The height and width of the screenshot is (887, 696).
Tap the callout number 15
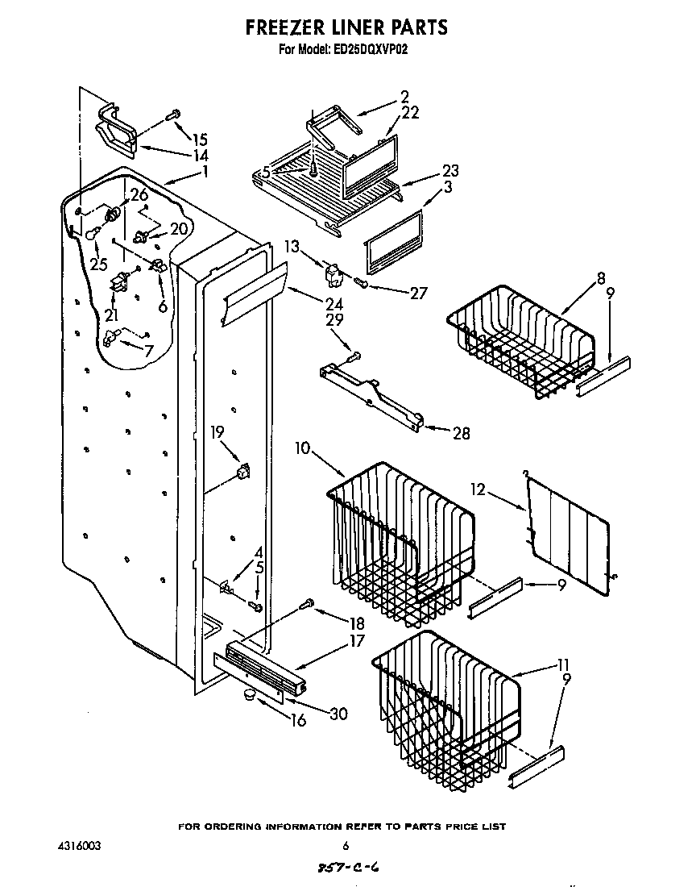tap(200, 139)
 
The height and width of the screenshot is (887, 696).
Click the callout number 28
tap(461, 434)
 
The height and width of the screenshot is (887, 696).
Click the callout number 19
tap(217, 432)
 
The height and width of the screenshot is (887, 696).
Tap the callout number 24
tap(310, 304)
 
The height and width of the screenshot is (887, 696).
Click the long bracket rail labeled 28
tap(372, 395)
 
